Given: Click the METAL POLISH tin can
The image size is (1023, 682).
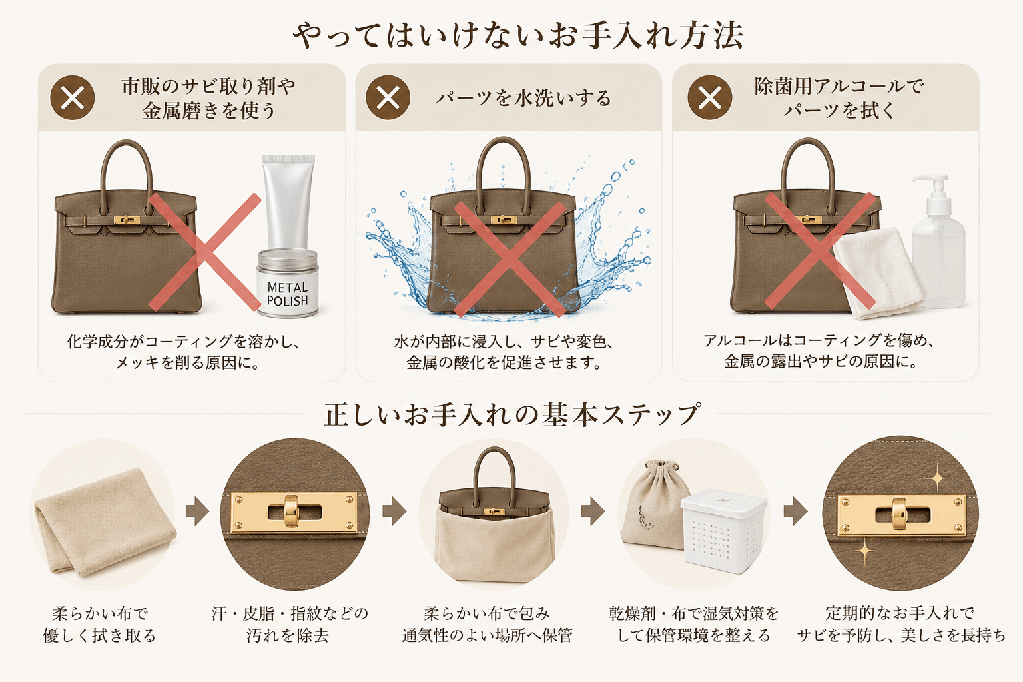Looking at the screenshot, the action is [x=287, y=283].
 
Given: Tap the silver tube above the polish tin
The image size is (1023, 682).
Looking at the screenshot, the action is [x=288, y=201].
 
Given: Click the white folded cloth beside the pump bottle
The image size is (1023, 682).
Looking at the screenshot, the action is [x=878, y=272].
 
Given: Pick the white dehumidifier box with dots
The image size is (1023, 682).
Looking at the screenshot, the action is [x=723, y=530].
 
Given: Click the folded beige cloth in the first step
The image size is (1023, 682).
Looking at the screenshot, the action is [x=104, y=521].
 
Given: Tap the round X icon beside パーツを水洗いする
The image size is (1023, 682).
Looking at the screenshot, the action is [x=388, y=97].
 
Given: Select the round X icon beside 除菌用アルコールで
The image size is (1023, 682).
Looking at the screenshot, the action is [x=710, y=97].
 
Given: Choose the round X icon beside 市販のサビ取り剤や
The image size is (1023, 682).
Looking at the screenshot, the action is [x=72, y=97].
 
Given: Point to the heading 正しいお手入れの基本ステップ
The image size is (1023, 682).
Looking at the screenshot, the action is [x=511, y=415].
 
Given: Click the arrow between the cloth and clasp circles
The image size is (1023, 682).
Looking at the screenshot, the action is [x=197, y=511].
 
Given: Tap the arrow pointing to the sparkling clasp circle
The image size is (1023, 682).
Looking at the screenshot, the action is [x=796, y=511].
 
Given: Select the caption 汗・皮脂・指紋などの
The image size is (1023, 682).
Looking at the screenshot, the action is [x=290, y=613].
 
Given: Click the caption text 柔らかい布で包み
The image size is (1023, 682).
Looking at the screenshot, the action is [x=487, y=613].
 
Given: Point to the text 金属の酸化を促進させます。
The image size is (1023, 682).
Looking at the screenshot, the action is [x=504, y=362].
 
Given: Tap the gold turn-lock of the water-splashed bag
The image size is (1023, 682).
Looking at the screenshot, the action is [x=504, y=220].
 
